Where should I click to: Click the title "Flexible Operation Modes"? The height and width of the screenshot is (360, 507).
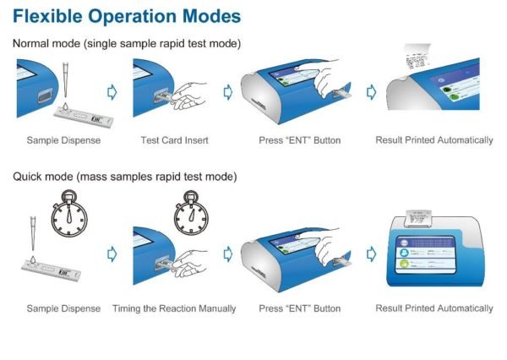127,16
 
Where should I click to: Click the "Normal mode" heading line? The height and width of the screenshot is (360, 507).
127,43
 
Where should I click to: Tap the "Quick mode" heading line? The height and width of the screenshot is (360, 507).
125,177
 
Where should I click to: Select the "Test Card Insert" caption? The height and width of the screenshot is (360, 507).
174,140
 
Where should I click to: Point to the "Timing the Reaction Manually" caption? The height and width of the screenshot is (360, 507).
174,308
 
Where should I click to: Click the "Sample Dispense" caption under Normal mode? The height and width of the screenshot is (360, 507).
63,140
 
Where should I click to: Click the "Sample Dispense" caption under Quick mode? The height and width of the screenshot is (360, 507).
63,308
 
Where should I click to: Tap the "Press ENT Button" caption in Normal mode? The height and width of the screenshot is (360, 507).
300,140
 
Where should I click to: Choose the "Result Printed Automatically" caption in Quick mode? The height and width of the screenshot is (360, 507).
434,308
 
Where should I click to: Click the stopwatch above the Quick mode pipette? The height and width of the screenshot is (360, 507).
69,214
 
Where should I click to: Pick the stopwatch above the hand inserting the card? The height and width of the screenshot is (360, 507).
191,213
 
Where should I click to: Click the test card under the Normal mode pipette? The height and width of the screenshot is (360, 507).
84,117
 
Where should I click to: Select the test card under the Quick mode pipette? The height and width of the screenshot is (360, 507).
51,270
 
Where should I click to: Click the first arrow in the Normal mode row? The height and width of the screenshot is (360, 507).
112,92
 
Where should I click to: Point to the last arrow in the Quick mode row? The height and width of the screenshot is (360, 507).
371,254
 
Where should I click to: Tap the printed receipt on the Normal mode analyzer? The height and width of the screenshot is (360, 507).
417,57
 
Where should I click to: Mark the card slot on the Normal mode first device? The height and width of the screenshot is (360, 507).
45,95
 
